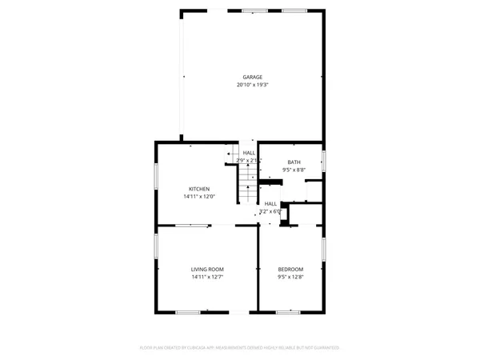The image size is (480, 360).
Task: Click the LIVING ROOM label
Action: pyautogui.click(x=207, y=269)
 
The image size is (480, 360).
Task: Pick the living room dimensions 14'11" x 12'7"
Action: pyautogui.click(x=207, y=277)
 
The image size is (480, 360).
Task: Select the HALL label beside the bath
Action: pyautogui.click(x=249, y=153)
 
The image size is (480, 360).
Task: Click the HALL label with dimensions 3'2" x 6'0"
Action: pyautogui.click(x=271, y=204)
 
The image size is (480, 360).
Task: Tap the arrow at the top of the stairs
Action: pyautogui.click(x=230, y=154)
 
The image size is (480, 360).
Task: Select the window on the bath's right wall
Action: pyautogui.click(x=324, y=159)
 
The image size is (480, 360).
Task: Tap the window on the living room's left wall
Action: pyautogui.click(x=156, y=255)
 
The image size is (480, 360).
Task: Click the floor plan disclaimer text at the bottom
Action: pyautogui.click(x=240, y=348)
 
